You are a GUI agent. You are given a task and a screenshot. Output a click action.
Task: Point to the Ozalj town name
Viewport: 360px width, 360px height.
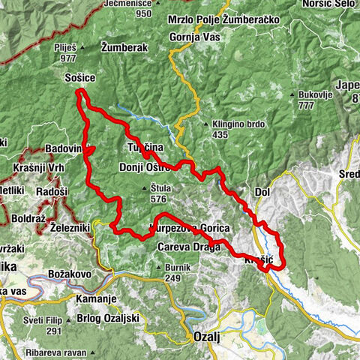point(205,337)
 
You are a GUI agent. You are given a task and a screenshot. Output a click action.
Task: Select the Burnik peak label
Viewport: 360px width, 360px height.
point(179,266)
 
